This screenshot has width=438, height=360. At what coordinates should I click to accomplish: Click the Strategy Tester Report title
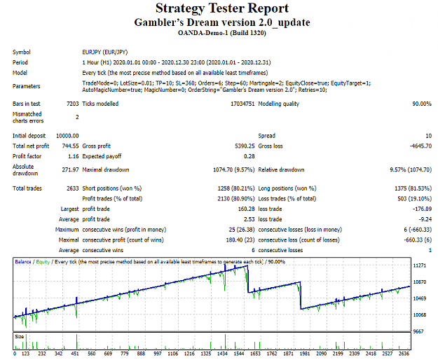[x=222, y=8]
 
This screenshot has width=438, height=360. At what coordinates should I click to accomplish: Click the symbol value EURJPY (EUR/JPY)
[x=104, y=53]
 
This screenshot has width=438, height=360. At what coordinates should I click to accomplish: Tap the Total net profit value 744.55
[x=70, y=146]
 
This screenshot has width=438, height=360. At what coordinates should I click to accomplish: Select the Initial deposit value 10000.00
[x=67, y=136]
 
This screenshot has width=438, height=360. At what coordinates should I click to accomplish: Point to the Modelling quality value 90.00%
[x=422, y=104]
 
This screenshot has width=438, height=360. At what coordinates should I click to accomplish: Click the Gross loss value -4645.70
[x=420, y=146]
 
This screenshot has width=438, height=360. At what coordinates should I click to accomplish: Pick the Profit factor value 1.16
[x=74, y=156]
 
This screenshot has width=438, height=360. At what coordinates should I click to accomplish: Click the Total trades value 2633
[x=73, y=188]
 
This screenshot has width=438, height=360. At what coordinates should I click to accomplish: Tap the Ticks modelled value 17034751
[x=242, y=104]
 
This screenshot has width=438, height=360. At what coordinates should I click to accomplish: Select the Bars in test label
[x=26, y=104]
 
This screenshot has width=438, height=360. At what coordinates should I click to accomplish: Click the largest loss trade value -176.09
[x=423, y=209]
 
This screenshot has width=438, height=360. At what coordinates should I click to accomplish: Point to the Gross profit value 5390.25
[x=245, y=146]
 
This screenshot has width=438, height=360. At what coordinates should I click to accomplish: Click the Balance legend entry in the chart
[x=23, y=262]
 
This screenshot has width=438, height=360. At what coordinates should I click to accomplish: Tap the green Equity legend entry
[x=43, y=262]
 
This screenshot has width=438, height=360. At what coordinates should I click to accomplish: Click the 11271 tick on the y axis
[x=420, y=265]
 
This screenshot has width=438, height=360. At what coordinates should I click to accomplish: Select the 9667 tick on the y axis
[x=418, y=331]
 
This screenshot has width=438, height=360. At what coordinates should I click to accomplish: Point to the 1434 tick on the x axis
[x=222, y=354]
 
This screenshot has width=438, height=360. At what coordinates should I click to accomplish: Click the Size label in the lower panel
[x=20, y=337]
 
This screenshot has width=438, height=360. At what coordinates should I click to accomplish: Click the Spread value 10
[x=428, y=136]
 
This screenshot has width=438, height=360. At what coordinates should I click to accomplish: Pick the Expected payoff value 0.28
[x=249, y=156]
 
